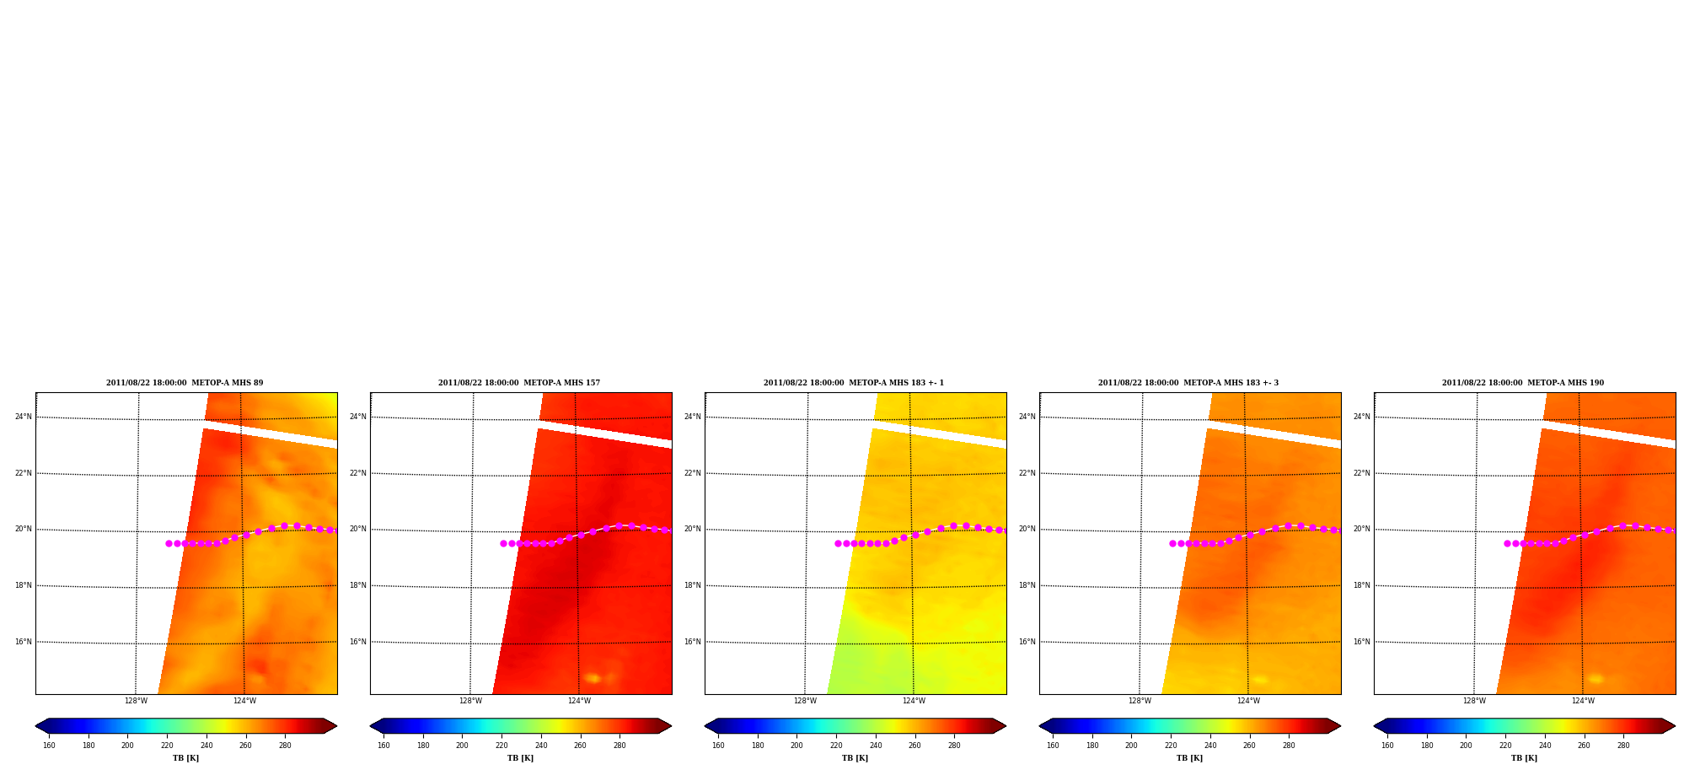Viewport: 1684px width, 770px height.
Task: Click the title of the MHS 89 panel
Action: coord(185,383)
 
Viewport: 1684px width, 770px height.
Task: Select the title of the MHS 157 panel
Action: coord(519,383)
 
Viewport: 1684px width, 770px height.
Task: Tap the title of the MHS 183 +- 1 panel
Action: coord(854,383)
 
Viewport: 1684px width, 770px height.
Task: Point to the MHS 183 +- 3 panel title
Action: coord(1188,383)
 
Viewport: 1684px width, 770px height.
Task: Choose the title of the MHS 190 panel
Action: coord(1523,383)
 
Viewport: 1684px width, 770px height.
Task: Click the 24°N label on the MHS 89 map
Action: coord(24,417)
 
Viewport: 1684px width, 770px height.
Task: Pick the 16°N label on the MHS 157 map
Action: coord(358,642)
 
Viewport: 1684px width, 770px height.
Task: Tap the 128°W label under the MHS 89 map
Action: coord(136,701)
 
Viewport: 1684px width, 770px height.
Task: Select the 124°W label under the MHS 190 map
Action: coord(1583,701)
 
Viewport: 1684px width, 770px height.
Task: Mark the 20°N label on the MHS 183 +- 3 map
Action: coord(1027,530)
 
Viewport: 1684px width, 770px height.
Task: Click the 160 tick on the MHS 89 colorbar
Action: coord(49,746)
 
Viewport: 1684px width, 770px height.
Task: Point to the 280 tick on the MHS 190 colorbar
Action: coord(1623,746)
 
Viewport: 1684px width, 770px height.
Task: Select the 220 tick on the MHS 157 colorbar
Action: coord(501,746)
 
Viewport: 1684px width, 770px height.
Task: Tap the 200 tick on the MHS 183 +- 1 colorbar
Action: coord(796,746)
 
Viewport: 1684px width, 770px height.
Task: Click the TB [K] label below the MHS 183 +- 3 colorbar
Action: coord(1189,758)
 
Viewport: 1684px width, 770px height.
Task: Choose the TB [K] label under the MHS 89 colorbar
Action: coord(185,758)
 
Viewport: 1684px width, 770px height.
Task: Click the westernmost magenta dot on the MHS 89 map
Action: coord(169,543)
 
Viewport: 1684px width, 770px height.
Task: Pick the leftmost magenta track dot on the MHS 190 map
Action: coord(1507,543)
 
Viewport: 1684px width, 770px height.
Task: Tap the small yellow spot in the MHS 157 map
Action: coord(593,678)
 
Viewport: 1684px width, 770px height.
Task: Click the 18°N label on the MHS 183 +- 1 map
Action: coord(693,585)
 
